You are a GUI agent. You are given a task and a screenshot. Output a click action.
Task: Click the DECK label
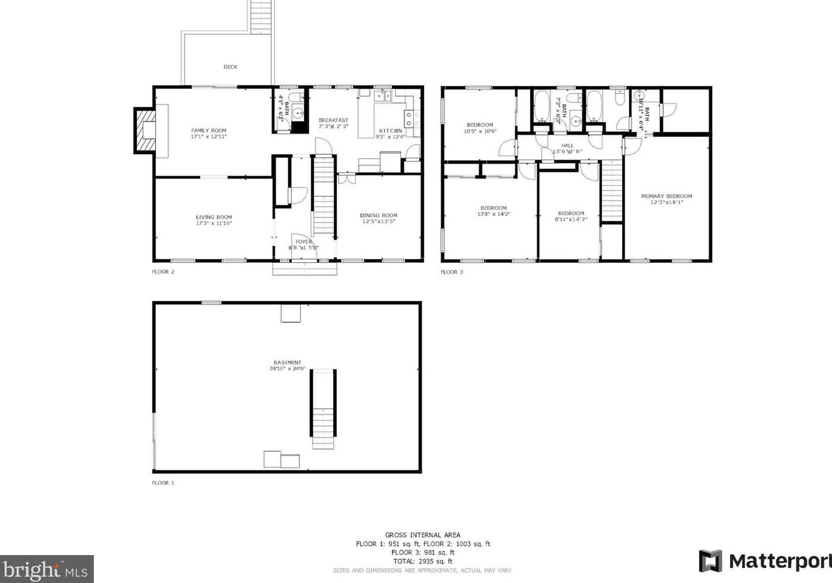click(x=230, y=67)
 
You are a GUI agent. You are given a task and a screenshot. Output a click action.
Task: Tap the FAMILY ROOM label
click(x=209, y=130)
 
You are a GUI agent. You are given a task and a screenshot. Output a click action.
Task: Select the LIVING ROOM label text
click(x=214, y=217)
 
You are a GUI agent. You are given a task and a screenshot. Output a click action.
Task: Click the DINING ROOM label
click(x=378, y=215)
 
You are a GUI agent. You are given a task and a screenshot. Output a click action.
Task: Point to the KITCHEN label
click(x=390, y=130)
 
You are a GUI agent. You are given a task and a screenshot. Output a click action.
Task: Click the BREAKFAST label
click(x=333, y=120)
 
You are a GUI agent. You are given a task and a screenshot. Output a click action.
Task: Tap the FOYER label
click(x=304, y=241)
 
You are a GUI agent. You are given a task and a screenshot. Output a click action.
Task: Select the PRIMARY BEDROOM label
click(x=667, y=196)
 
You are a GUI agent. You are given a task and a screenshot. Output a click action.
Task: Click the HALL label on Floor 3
click(x=568, y=145)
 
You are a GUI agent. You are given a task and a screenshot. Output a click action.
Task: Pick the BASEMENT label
click(x=287, y=362)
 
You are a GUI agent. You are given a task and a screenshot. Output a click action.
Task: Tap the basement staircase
click(x=323, y=409)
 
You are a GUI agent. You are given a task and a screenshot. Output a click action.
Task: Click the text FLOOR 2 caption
click(x=163, y=272)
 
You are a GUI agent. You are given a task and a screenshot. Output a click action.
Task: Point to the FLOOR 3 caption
click(x=451, y=272)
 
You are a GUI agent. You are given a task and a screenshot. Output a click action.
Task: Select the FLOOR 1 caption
click(x=163, y=483)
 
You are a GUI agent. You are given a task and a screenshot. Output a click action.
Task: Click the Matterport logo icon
click(x=710, y=561)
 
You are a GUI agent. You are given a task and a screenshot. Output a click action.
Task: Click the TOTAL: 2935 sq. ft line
click(x=423, y=561)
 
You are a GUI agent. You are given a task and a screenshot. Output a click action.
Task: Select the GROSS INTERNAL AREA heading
click(x=423, y=535)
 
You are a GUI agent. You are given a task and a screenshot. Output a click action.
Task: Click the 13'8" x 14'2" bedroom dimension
click(x=493, y=214)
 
